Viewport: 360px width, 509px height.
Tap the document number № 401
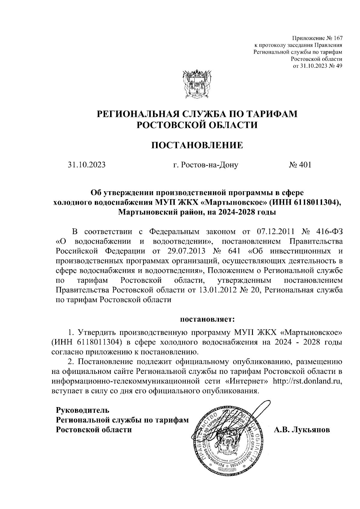(x=300, y=165)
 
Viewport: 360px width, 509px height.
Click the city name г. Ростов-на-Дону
(x=205, y=165)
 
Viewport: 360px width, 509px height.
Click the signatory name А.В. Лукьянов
(x=302, y=430)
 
